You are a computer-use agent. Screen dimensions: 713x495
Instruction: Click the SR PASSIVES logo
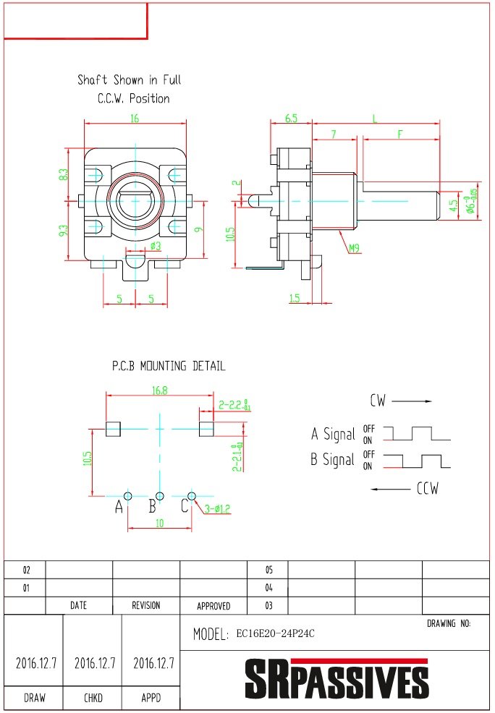point(336,679)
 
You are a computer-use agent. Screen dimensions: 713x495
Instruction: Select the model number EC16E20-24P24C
point(275,634)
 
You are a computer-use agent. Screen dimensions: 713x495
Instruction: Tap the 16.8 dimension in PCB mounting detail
point(160,390)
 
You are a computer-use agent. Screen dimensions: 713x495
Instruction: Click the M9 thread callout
point(355,249)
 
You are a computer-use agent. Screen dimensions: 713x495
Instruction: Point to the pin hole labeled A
point(128,495)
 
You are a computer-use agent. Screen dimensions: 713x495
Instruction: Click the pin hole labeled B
point(160,495)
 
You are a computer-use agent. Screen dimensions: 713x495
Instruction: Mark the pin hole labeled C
point(192,495)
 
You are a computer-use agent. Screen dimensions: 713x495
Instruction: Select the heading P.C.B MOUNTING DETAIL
point(168,367)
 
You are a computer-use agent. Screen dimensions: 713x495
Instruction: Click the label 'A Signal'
point(333,434)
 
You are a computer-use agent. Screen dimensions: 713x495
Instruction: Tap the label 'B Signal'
point(333,459)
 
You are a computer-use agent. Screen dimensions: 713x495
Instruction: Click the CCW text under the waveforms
point(427,489)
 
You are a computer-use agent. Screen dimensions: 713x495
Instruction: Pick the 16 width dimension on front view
point(135,119)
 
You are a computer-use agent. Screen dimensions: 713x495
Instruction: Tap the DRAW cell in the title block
point(33,698)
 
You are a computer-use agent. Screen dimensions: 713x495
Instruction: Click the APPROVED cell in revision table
point(213,606)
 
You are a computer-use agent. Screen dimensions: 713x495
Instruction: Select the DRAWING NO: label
point(449,623)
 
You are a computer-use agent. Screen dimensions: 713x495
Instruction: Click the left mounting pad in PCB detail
point(113,429)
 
